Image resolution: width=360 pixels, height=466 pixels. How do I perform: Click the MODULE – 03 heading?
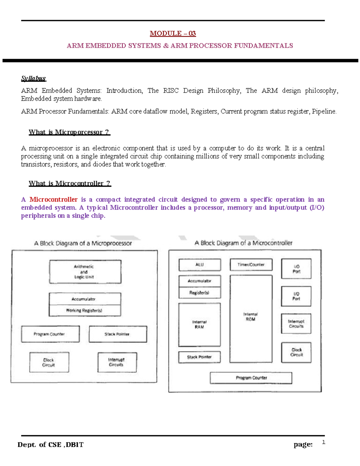(x=173, y=33)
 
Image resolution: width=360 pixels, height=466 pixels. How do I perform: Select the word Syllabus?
(x=33, y=78)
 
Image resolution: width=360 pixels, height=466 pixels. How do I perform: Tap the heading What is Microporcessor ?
(x=69, y=132)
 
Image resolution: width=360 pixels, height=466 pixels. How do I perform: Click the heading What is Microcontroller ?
(x=70, y=183)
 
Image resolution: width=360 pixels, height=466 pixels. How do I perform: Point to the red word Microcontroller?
(x=53, y=200)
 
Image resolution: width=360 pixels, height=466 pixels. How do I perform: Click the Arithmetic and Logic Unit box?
(x=85, y=272)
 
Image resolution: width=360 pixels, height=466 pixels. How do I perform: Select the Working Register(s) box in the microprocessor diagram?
(x=85, y=311)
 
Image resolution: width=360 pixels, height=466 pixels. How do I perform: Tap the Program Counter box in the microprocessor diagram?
(x=50, y=334)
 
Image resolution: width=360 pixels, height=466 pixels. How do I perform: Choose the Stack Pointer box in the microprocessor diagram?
(x=118, y=334)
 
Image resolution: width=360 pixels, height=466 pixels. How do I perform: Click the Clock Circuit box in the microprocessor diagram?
(x=49, y=362)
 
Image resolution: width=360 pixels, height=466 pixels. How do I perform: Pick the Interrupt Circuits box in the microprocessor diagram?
(x=117, y=362)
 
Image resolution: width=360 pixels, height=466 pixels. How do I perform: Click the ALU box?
(x=199, y=265)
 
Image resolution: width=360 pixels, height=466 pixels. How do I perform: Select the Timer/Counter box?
(x=251, y=265)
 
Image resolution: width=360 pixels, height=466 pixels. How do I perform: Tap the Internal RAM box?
(x=199, y=324)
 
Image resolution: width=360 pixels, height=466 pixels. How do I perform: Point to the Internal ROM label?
(x=251, y=317)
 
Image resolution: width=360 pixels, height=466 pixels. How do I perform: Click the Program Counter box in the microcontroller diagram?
(x=251, y=378)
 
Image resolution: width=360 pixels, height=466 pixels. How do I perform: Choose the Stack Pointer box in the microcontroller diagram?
(x=199, y=357)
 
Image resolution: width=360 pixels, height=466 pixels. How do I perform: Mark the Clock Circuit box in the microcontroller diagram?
(x=296, y=352)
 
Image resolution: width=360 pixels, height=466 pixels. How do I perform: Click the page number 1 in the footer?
(x=323, y=442)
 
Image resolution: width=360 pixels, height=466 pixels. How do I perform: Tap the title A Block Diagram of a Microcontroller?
(x=243, y=243)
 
